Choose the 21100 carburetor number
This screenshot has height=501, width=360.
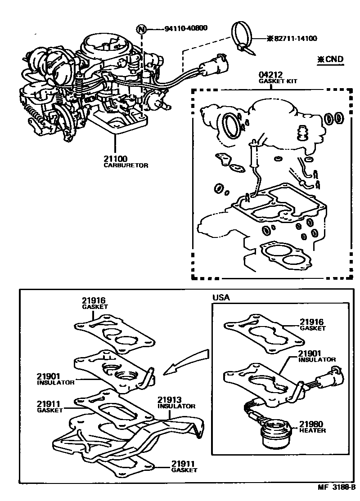click(x=116, y=159)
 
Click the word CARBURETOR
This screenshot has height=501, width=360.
click(x=126, y=165)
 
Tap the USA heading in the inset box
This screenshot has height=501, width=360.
click(x=220, y=298)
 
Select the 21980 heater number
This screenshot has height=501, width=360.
click(x=311, y=424)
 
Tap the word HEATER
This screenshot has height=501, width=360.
click(x=313, y=430)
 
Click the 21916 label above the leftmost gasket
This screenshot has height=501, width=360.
click(x=93, y=300)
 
